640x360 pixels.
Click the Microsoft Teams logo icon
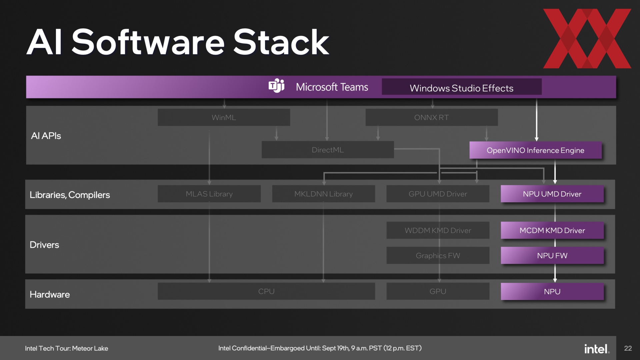click(x=276, y=86)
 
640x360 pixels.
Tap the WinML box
click(x=224, y=117)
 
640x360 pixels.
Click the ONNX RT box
click(x=432, y=117)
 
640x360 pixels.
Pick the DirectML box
click(x=328, y=150)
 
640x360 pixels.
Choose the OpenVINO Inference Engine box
click(x=536, y=150)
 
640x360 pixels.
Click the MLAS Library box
click(x=209, y=194)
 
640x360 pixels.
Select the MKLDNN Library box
click(x=323, y=194)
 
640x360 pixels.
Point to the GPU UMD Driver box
click(x=438, y=194)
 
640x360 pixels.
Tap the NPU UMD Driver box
click(x=552, y=194)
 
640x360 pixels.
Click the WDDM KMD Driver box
click(x=438, y=230)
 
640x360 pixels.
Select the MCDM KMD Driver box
click(x=552, y=230)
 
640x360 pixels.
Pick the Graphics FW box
click(x=438, y=255)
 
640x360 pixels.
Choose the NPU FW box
click(x=552, y=255)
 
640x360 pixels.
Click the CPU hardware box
click(x=266, y=291)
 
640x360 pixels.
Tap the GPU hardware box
click(x=438, y=291)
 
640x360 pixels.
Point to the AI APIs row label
click(x=46, y=136)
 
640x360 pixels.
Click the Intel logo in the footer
click(x=597, y=349)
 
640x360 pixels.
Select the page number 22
click(x=628, y=348)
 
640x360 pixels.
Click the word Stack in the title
click(x=281, y=42)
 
